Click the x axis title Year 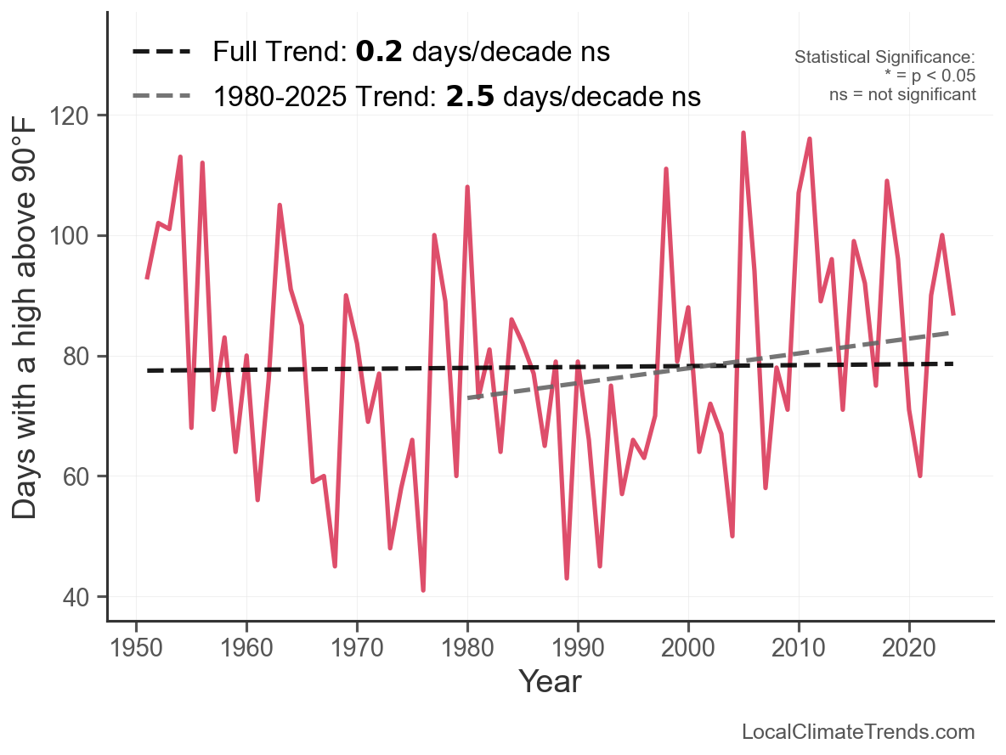point(550,681)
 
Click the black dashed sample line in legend point(161,52)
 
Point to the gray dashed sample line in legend point(161,97)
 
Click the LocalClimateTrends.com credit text point(858,732)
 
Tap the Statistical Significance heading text point(884,58)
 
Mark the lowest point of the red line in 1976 point(423,590)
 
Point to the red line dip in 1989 point(567,578)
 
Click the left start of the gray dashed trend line point(469,397)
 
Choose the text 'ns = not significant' point(902,94)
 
